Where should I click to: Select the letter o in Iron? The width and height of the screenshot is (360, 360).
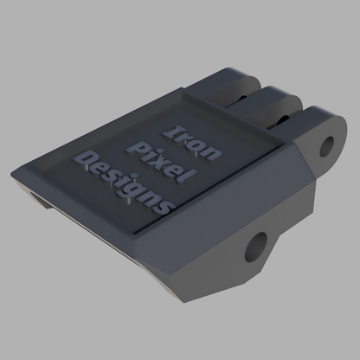[x=201, y=140]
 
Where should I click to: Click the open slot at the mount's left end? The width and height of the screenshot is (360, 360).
[x=35, y=200]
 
